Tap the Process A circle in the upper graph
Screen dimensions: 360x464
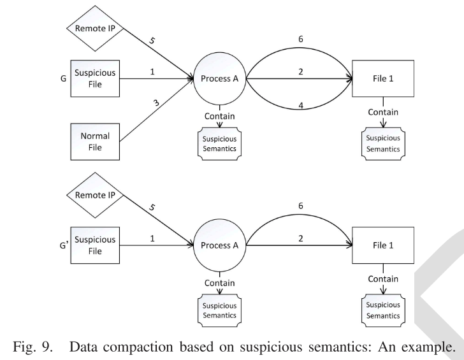220,78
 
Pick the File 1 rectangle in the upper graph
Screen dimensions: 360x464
382,78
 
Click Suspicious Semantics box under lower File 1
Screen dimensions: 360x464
382,309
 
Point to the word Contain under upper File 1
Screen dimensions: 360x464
382,112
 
